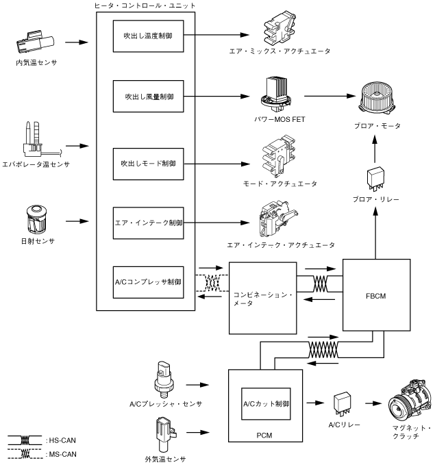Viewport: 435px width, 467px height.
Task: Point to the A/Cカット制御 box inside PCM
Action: point(264,405)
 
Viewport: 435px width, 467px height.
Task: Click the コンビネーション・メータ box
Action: point(261,299)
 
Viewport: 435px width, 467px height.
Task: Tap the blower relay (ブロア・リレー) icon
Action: point(375,178)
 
